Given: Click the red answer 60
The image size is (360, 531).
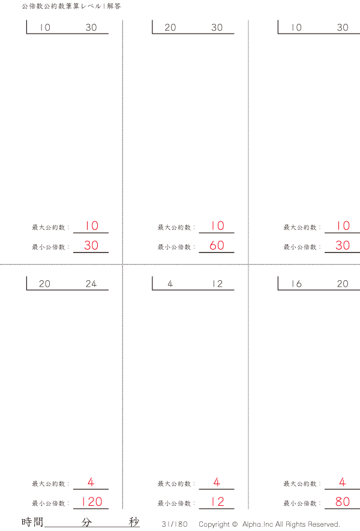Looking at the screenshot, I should [x=217, y=245].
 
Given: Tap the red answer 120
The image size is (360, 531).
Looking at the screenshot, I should [x=91, y=502].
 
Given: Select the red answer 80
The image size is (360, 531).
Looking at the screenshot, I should [x=343, y=502].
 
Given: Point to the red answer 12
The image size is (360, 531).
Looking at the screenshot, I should [x=217, y=502].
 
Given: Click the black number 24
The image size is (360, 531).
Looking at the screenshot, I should [x=91, y=284].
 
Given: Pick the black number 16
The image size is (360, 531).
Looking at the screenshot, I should [x=296, y=284].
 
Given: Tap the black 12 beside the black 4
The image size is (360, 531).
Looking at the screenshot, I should [x=217, y=284].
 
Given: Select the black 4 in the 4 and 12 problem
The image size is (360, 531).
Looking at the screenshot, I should [x=170, y=284].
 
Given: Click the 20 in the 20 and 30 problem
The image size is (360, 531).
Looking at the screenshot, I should [x=170, y=28].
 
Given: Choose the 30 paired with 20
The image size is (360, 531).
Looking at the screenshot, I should [x=217, y=28].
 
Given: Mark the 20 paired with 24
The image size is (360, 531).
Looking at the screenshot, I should [x=45, y=284].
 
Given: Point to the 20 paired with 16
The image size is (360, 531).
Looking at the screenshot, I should [x=343, y=284].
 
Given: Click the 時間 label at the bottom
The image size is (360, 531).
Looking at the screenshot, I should [x=32, y=522].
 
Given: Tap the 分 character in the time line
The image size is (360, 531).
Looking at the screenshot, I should [x=87, y=522].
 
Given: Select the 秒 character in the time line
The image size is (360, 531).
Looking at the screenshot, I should [x=134, y=522].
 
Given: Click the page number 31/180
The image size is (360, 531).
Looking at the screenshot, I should [x=175, y=524].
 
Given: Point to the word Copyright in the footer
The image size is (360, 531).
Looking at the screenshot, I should [x=214, y=524].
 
